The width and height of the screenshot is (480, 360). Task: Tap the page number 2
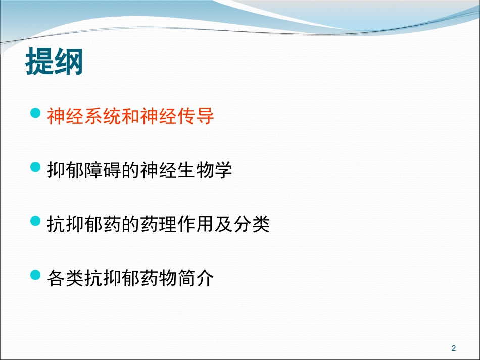(453, 348)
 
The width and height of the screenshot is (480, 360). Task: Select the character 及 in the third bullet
(214, 224)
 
